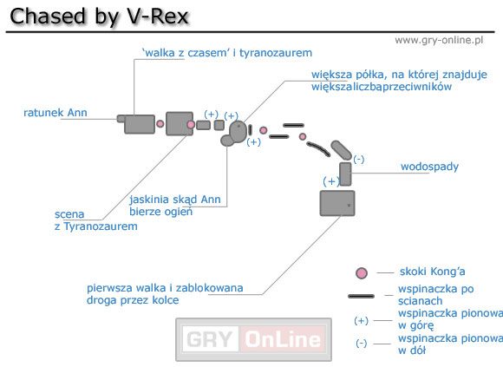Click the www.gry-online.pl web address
pos(438,40)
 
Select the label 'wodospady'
pos(429,166)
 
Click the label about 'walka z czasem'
pos(226,53)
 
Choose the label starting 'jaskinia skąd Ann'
pos(174,205)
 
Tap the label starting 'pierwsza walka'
pos(165,293)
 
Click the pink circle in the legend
pos(362,273)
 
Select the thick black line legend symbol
pos(362,296)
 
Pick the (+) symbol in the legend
pos(362,319)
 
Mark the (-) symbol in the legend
pos(362,343)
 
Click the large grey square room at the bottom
pos(337,204)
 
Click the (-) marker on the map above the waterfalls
pos(359,159)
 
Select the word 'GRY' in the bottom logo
pos(211,338)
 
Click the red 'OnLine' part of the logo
pos(281,338)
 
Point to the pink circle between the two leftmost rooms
pos(160,124)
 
